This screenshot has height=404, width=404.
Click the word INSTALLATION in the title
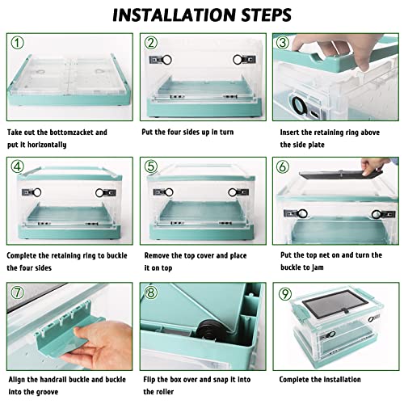[x=175, y=15]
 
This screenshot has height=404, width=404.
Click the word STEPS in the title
[x=266, y=15]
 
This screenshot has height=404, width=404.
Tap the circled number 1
[x=18, y=43]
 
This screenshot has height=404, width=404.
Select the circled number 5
[x=151, y=166]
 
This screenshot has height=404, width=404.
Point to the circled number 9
[x=285, y=293]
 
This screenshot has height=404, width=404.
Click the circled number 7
[x=18, y=292]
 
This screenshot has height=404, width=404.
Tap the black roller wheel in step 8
[x=213, y=330]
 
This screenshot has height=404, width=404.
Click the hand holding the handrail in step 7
[x=99, y=345]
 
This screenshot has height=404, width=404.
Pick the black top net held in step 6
[x=342, y=175]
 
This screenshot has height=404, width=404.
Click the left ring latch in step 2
[x=161, y=60]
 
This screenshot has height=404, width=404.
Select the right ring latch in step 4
[x=106, y=193]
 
